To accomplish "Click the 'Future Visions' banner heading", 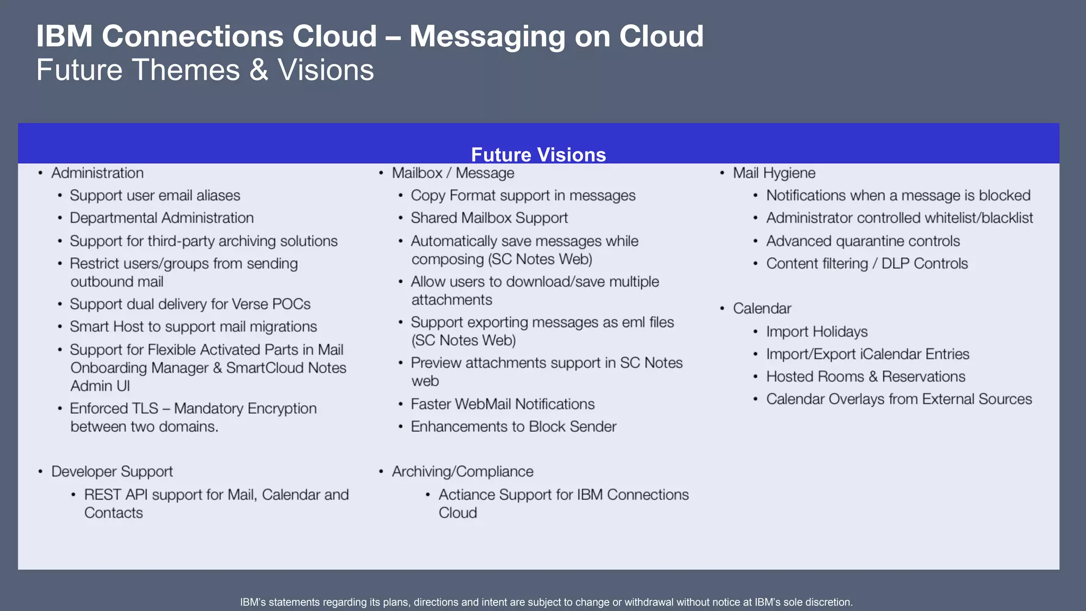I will [x=538, y=155].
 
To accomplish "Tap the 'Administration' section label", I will [x=98, y=173].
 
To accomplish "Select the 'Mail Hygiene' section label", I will [x=774, y=173].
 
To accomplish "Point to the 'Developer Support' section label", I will [x=112, y=472].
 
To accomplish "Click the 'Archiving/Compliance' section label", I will [x=462, y=472].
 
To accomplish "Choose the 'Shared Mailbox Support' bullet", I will [x=489, y=218].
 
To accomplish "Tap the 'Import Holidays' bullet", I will [x=817, y=332].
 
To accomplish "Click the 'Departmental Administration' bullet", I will [x=162, y=218].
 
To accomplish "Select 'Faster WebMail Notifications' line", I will [x=502, y=404].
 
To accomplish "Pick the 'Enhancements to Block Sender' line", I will [x=513, y=427].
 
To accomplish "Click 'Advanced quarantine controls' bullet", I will [x=863, y=241].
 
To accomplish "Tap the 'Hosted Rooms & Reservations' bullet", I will [x=865, y=377].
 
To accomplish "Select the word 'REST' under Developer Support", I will [x=102, y=495].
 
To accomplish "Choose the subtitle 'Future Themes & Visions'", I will [x=205, y=70].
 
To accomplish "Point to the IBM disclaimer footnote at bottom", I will [x=546, y=602].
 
